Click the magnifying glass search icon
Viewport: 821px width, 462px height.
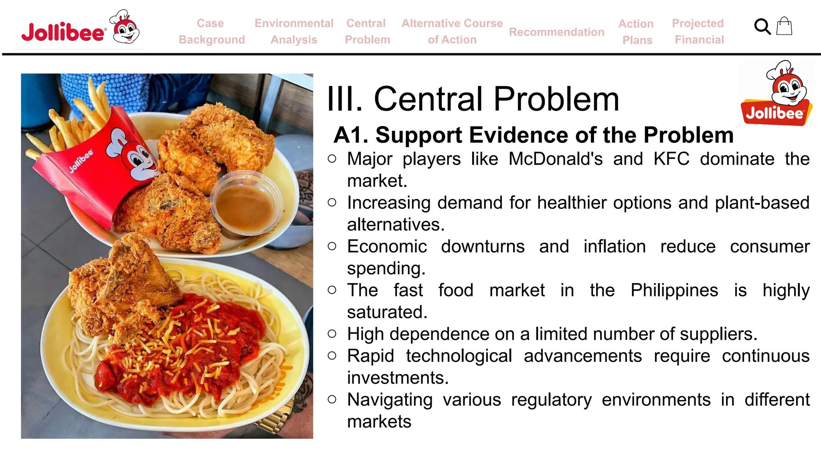point(762,27)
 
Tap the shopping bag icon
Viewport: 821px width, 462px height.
point(784,26)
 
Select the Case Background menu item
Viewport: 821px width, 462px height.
point(211,31)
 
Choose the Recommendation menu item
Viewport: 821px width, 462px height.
point(556,32)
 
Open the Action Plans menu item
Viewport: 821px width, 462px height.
point(636,32)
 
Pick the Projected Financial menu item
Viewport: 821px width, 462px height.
point(698,31)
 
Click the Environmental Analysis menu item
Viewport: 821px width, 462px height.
point(294,31)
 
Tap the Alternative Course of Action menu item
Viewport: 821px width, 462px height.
point(452,31)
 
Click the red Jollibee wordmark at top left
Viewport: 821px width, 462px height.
point(63,32)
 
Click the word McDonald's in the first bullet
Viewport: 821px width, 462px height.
point(556,159)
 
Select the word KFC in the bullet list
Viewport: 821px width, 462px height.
point(671,159)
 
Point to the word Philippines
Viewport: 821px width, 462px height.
point(674,290)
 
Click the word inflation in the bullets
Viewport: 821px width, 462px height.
point(614,246)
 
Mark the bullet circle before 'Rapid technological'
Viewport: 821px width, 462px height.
point(332,356)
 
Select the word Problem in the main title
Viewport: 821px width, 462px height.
point(556,99)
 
